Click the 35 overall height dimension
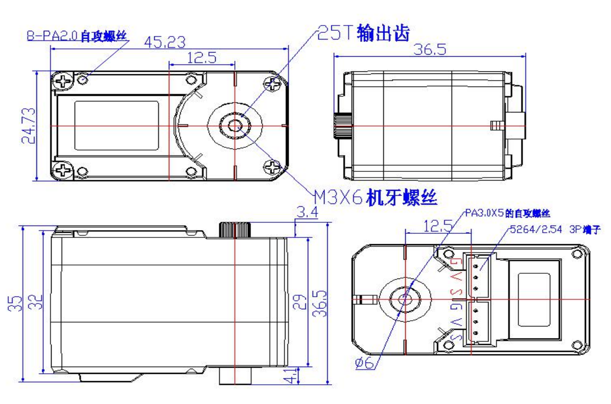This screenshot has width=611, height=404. point(16,302)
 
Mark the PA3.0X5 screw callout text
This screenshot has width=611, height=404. point(507,213)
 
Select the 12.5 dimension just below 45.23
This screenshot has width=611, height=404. point(202,57)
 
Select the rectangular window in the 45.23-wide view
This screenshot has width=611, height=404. point(117,125)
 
